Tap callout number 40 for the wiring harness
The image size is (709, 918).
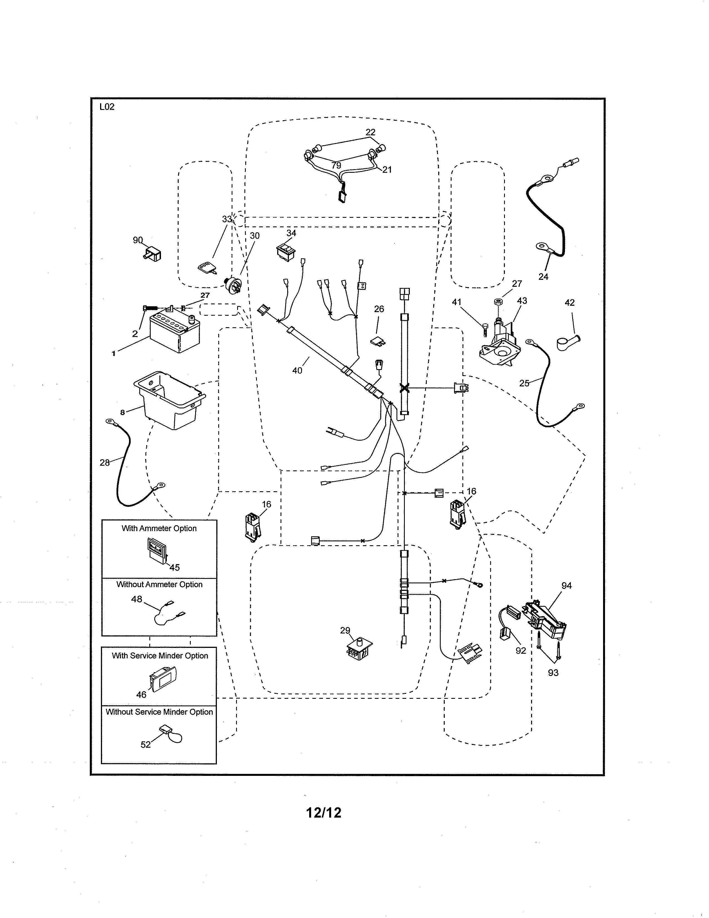point(297,370)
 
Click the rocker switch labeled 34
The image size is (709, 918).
point(286,251)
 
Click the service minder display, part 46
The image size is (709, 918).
point(162,680)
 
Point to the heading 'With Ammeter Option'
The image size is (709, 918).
point(159,528)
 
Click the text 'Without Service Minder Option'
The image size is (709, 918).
point(159,712)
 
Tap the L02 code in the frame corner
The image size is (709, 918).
point(107,107)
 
